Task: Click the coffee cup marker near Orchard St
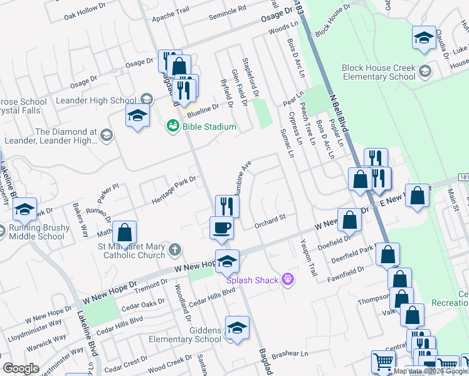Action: [221, 227]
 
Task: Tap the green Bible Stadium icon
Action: [172, 127]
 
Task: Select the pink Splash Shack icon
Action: [288, 279]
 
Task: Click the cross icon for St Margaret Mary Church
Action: [175, 250]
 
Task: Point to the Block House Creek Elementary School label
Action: [378, 72]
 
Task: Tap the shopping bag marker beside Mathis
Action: [125, 232]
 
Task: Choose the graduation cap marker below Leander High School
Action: [137, 116]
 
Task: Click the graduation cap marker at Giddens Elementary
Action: [237, 328]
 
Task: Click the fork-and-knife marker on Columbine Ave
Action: [227, 206]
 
